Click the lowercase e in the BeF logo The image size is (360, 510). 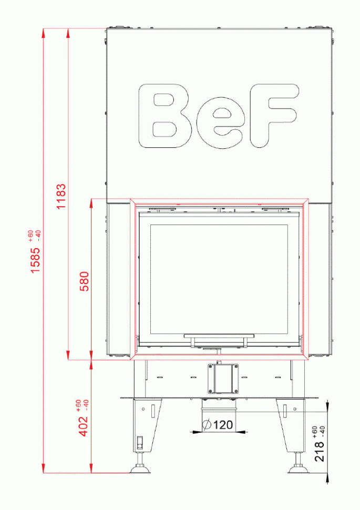[x=220, y=125]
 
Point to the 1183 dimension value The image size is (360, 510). [x=62, y=196]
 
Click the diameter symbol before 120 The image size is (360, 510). [x=206, y=425]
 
